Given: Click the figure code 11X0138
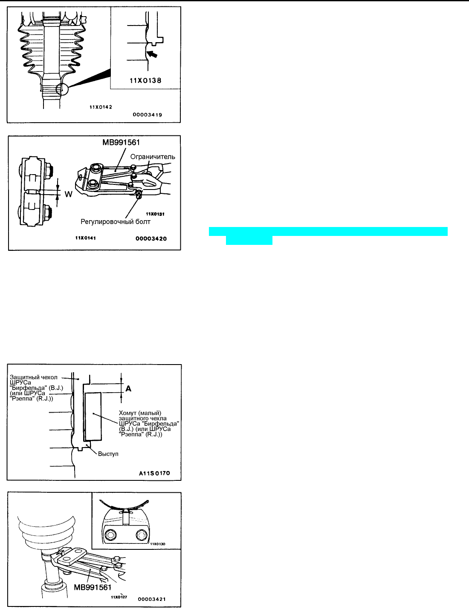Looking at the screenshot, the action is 145,81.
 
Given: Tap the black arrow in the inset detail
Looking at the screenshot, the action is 152,54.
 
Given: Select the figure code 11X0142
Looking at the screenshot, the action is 101,107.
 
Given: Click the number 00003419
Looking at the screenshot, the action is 147,115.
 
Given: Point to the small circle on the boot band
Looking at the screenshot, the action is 62,90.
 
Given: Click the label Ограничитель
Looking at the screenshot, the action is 153,157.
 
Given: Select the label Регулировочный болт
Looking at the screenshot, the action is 116,222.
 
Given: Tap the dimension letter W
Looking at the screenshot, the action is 69,194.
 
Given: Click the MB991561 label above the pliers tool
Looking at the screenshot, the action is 121,142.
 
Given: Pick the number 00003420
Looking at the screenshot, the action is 151,239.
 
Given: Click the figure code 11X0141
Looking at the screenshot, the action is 86,238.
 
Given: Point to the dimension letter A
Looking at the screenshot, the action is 128,388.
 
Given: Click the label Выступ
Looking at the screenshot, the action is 108,454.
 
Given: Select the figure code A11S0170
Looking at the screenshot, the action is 154,473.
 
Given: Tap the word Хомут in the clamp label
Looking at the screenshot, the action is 128,413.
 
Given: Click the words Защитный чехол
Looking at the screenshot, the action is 34,377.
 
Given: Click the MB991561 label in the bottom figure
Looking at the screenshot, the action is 93,587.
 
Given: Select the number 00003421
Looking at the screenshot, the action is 152,599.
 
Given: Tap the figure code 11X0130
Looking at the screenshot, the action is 158,544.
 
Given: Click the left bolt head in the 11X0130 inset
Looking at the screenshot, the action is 110,535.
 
